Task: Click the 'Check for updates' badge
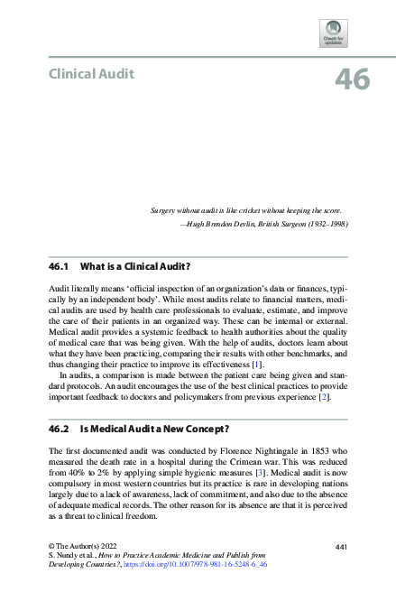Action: [x=333, y=33]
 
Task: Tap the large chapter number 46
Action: [x=352, y=79]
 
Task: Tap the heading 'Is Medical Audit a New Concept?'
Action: [x=155, y=430]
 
